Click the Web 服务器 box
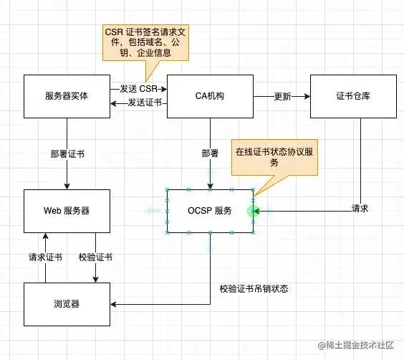click(66, 211)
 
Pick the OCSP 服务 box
click(210, 211)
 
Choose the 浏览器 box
click(66, 304)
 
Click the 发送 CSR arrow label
click(138, 88)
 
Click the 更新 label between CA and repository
click(283, 97)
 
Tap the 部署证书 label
click(67, 153)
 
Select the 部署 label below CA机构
click(211, 153)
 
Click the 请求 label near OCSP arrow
click(360, 208)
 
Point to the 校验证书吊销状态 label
click(254, 289)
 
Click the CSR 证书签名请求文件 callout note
click(144, 44)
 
